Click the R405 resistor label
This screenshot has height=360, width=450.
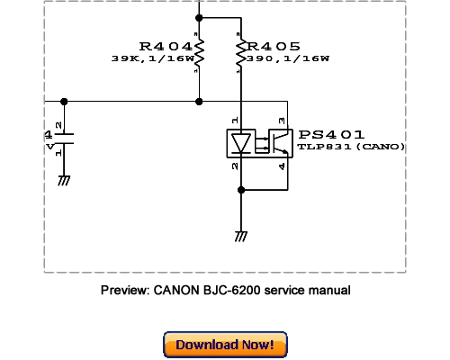[275, 46]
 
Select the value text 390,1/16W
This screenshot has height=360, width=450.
[288, 58]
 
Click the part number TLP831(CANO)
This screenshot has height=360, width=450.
[351, 147]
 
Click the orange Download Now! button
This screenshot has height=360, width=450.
[224, 345]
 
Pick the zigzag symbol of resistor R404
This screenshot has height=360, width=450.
[199, 55]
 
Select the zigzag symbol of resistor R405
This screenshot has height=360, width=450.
[241, 55]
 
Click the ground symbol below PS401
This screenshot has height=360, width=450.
[241, 235]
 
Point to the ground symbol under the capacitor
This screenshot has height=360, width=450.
[64, 181]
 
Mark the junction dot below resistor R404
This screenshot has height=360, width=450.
[199, 101]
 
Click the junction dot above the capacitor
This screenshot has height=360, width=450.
[64, 101]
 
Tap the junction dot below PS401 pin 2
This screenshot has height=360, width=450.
[241, 189]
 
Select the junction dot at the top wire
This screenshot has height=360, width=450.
[199, 17]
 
